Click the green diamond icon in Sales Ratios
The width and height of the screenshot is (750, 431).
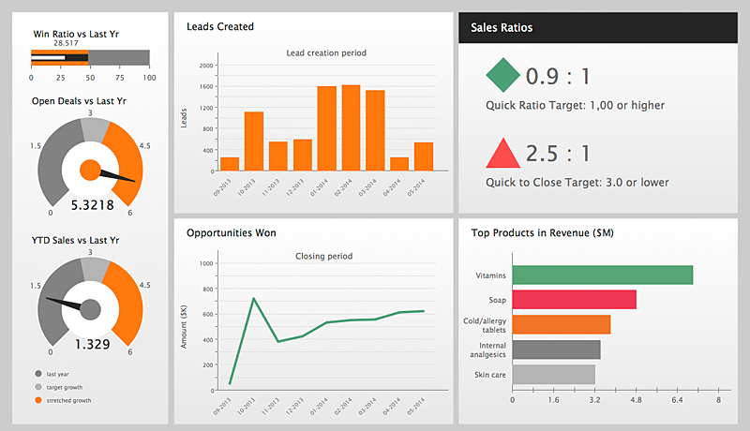503,75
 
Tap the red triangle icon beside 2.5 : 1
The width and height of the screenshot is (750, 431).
503,153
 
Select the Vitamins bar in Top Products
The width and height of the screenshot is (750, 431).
603,275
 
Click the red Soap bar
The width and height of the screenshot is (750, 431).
575,300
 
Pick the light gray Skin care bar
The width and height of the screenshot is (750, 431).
554,374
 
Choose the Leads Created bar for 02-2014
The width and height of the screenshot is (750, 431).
351,127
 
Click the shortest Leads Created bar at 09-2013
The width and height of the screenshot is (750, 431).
230,164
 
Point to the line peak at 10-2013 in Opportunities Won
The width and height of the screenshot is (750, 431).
254,299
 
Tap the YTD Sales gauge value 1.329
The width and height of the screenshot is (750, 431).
92,344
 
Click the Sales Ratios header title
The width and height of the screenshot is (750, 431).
502,28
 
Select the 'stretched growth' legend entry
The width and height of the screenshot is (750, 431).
67,400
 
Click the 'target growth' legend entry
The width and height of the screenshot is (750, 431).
64,387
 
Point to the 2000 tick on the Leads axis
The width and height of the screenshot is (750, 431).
206,66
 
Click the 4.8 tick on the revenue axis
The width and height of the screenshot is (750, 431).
636,400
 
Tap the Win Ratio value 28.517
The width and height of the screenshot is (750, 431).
66,43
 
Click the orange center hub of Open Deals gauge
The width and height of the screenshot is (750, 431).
90,170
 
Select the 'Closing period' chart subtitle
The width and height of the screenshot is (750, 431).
322,255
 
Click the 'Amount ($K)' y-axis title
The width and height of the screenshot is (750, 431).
185,327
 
